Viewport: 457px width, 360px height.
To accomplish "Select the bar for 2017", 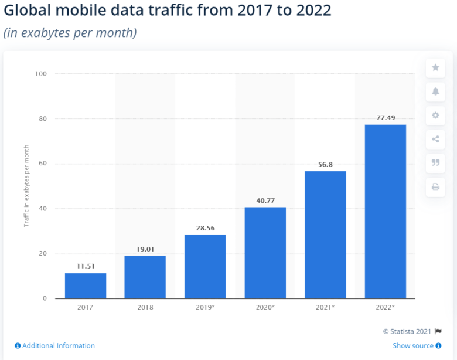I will pos(86,286).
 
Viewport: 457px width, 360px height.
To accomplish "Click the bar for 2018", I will pos(145,277).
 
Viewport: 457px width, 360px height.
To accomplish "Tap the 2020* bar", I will pos(265,253).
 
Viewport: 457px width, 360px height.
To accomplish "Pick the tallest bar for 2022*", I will pos(385,211).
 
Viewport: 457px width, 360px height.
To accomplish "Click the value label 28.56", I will pos(205,227).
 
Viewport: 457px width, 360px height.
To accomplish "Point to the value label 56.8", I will pos(325,164).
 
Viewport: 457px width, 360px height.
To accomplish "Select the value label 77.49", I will pos(385,118).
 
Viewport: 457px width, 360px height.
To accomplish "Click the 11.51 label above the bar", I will pos(86,266).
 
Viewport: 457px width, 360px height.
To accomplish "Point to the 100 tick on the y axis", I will pos(40,74).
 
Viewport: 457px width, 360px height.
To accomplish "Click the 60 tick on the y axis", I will pos(42,164).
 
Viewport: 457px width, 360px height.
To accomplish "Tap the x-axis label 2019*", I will pos(205,307).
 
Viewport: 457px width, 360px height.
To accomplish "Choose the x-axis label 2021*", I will pos(325,307).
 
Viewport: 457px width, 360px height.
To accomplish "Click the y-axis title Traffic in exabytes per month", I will pos(26,186).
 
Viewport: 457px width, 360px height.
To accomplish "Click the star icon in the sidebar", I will pos(435,67).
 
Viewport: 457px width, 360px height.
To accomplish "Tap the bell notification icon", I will pos(435,91).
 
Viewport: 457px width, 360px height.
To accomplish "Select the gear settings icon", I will pos(435,116).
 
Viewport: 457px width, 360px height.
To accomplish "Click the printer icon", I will pos(435,187).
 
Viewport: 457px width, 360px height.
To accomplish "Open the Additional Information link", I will pos(54,346).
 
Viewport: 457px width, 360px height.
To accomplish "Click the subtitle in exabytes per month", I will pos(70,33).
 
